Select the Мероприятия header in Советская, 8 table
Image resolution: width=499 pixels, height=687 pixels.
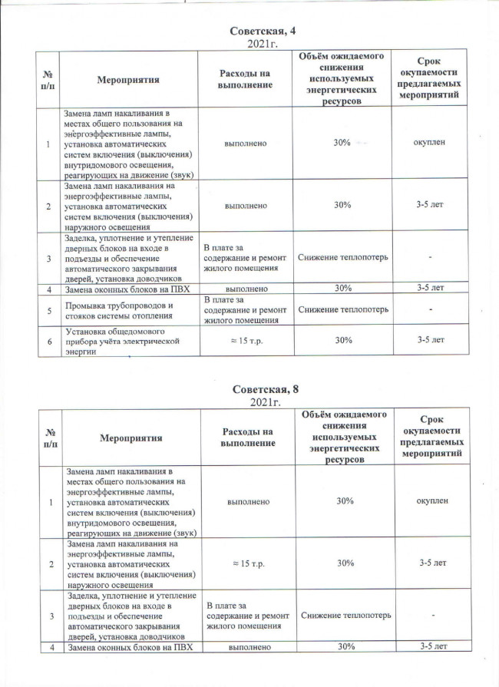click(x=129, y=438)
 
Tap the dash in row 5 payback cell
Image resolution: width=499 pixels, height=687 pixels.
click(x=431, y=309)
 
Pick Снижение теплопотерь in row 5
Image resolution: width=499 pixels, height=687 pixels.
click(x=343, y=309)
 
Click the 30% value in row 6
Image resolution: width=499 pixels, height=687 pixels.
click(x=343, y=340)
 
